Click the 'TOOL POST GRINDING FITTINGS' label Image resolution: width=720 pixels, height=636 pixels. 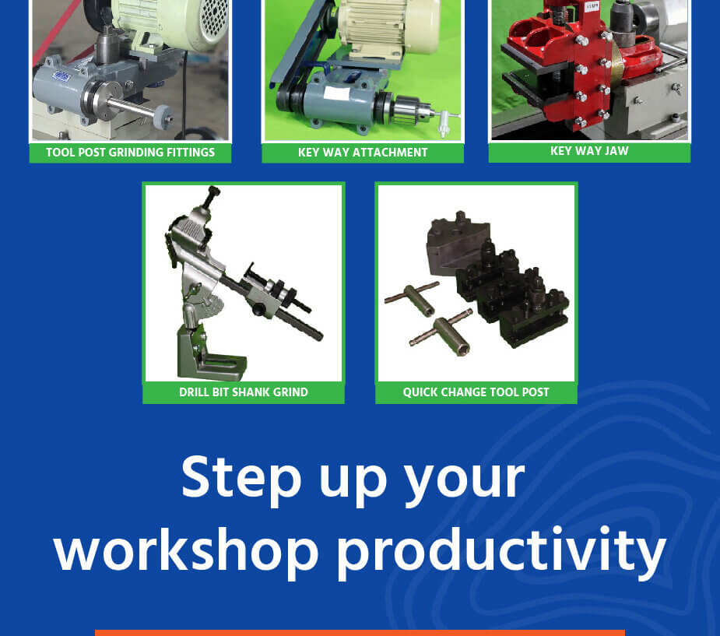coord(131,153)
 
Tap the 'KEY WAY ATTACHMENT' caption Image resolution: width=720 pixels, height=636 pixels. coord(363,153)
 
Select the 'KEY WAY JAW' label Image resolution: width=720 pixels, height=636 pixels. coord(589,151)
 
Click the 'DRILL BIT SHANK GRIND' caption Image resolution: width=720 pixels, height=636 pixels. coord(244,392)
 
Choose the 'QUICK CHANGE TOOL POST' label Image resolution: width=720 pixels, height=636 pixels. coord(476,392)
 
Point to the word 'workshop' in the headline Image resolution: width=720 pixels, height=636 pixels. coord(187,549)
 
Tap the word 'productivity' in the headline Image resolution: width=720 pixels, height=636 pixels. coord(501,553)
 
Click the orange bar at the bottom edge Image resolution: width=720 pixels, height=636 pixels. coord(360,633)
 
